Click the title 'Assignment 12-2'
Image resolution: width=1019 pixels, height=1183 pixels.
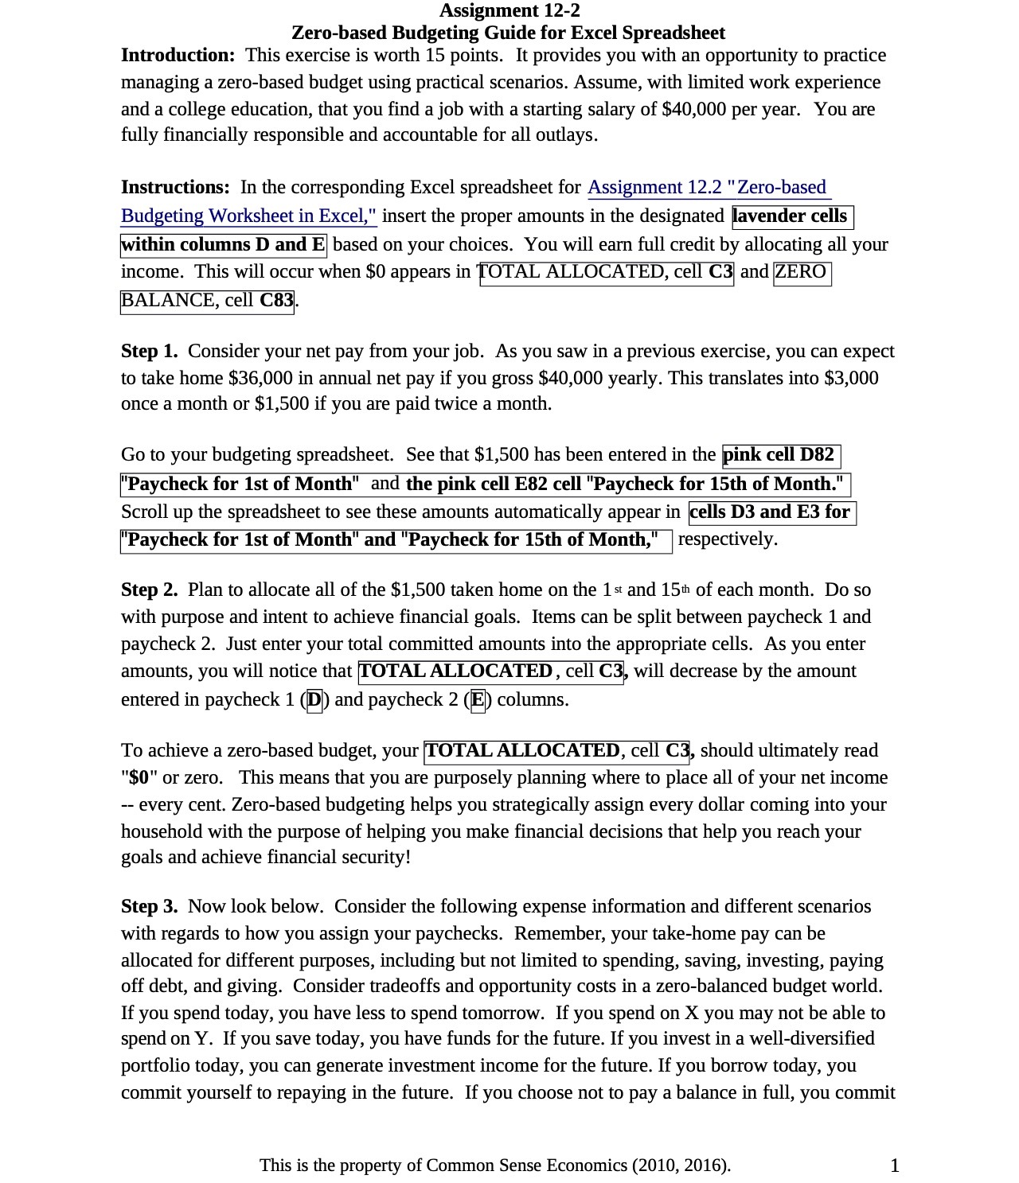(x=509, y=10)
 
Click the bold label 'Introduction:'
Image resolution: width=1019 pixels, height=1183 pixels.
(x=178, y=56)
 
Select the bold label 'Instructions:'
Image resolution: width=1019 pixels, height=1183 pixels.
(x=175, y=188)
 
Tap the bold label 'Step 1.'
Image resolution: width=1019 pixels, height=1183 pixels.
(x=149, y=352)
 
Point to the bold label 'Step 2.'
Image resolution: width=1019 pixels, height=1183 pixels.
(x=149, y=590)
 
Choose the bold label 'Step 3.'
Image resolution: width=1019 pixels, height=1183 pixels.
(x=149, y=907)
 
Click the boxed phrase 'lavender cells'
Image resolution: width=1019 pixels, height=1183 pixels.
(x=791, y=216)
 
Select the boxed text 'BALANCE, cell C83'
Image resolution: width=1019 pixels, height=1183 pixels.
(x=207, y=301)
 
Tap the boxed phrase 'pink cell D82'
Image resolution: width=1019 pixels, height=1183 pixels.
(x=779, y=455)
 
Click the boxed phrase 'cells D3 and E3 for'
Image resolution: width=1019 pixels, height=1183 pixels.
(x=771, y=512)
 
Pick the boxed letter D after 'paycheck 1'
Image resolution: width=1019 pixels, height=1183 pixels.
(x=315, y=700)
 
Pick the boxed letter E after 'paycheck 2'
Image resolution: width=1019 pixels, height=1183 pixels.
(x=478, y=700)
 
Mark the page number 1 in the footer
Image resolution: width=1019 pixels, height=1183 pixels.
(x=895, y=1166)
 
